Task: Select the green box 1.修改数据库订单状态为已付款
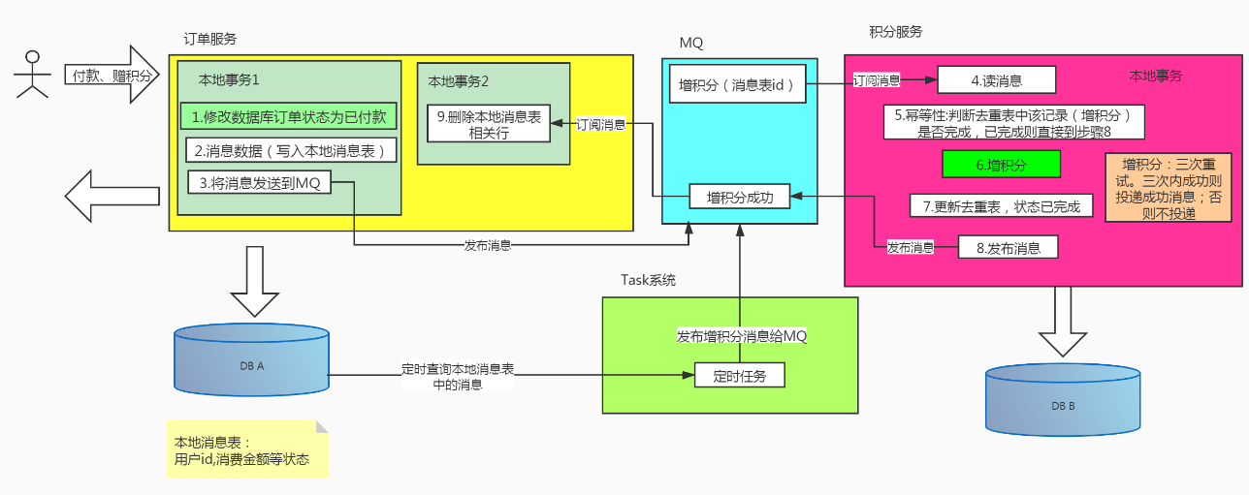(289, 117)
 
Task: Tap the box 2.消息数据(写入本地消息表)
(290, 150)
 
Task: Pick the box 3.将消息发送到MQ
(259, 181)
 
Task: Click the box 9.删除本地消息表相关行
(490, 124)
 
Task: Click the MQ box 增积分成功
(739, 197)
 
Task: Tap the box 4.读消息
(996, 80)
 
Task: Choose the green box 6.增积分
(1001, 165)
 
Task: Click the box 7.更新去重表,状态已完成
(1002, 205)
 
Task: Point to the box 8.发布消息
(1007, 248)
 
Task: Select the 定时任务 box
(739, 375)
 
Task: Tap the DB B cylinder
(1063, 403)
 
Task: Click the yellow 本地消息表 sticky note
(246, 449)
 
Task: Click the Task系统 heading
(648, 280)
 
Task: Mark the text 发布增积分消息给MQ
(741, 336)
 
